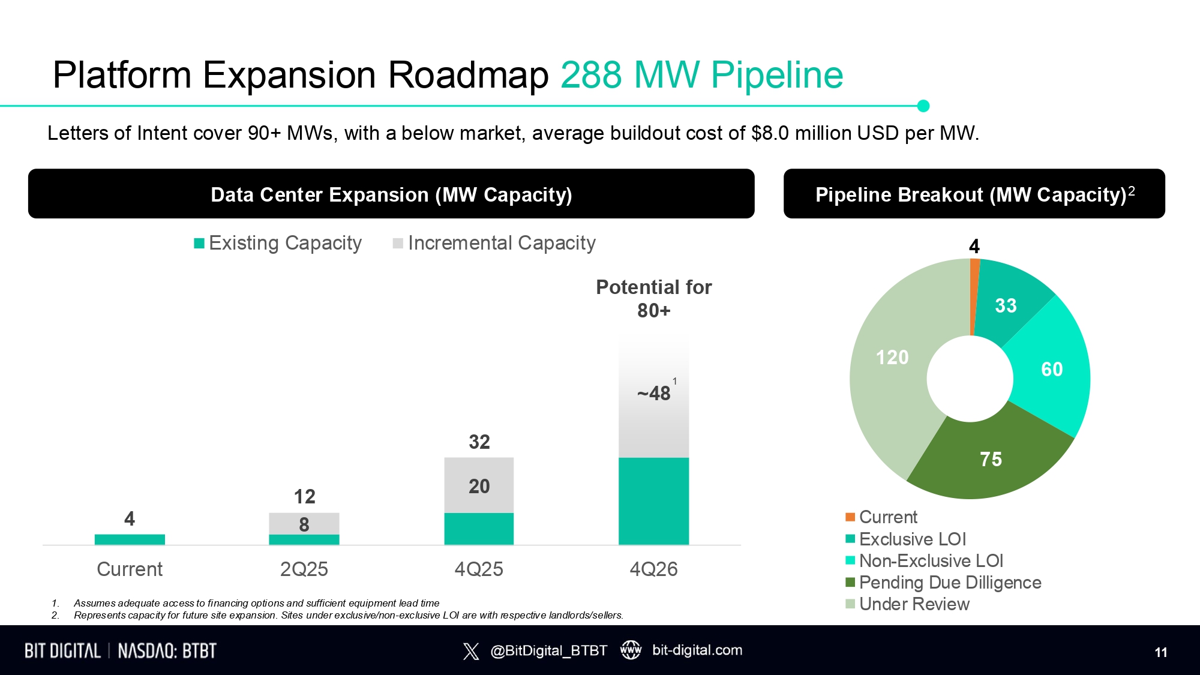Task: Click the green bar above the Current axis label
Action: pos(130,539)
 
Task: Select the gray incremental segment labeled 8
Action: pos(304,524)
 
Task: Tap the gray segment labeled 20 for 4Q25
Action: pos(479,485)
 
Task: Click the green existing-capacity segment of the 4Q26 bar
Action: pos(653,501)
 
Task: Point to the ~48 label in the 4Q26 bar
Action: pos(653,393)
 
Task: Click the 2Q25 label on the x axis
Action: pos(304,569)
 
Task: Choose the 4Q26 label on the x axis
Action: pos(653,569)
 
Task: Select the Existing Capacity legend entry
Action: pos(278,243)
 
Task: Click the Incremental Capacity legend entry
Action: pos(494,243)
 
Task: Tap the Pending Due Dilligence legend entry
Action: pos(943,583)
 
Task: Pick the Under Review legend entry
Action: pos(907,604)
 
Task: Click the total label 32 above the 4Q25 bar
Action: pos(479,442)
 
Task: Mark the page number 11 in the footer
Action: pos(1161,652)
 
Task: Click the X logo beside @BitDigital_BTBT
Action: pos(471,651)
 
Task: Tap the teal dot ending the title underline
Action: pos(923,106)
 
